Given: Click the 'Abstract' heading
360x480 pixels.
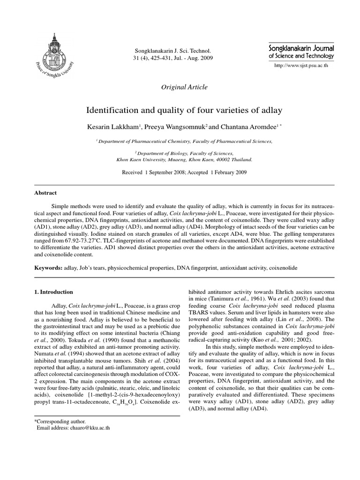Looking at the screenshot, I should pos(46,193).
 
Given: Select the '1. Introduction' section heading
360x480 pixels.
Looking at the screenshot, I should pos(54,292).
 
